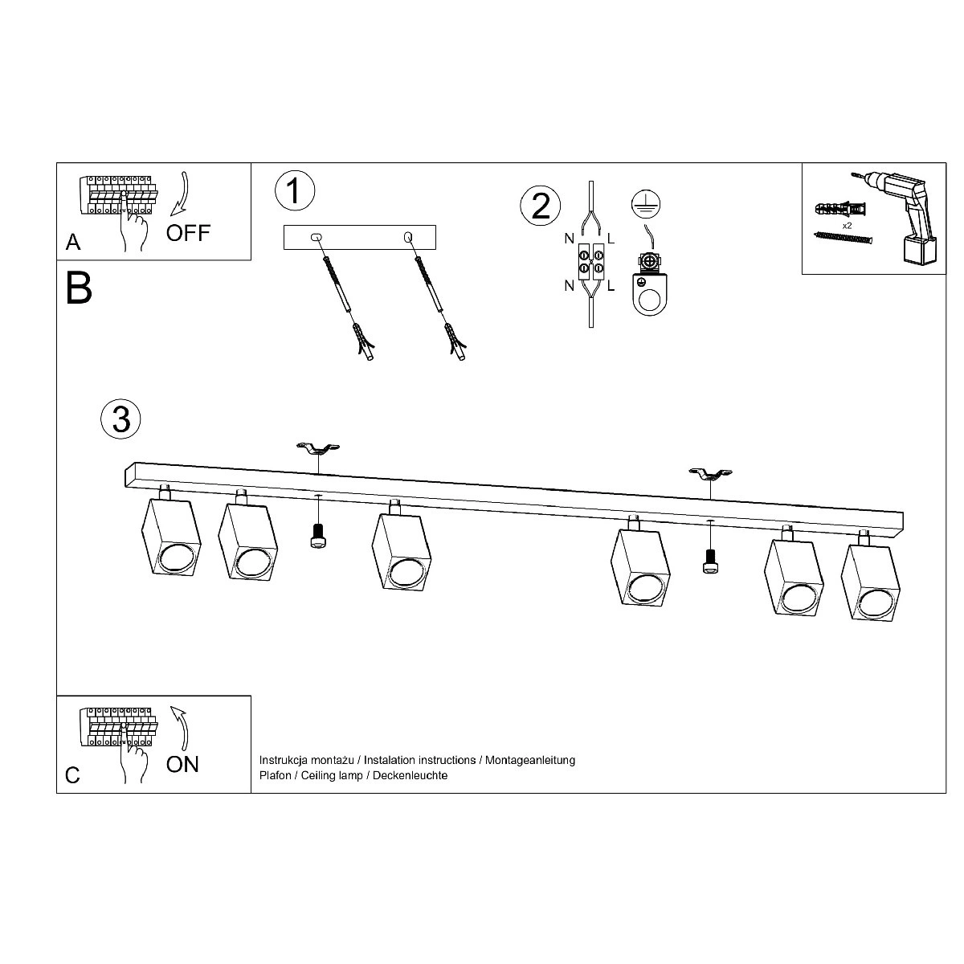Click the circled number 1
click(295, 190)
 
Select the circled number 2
click(541, 206)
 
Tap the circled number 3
click(121, 419)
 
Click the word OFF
click(188, 233)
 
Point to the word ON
click(182, 765)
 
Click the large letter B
click(79, 288)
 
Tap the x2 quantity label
click(847, 226)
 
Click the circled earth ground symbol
click(646, 204)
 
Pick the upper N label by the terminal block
click(569, 239)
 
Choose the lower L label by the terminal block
click(611, 286)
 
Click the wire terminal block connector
click(591, 262)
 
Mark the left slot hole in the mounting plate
click(317, 237)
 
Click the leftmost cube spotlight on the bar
click(171, 536)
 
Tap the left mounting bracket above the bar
click(318, 448)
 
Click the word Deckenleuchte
click(411, 775)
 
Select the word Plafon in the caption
click(276, 775)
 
